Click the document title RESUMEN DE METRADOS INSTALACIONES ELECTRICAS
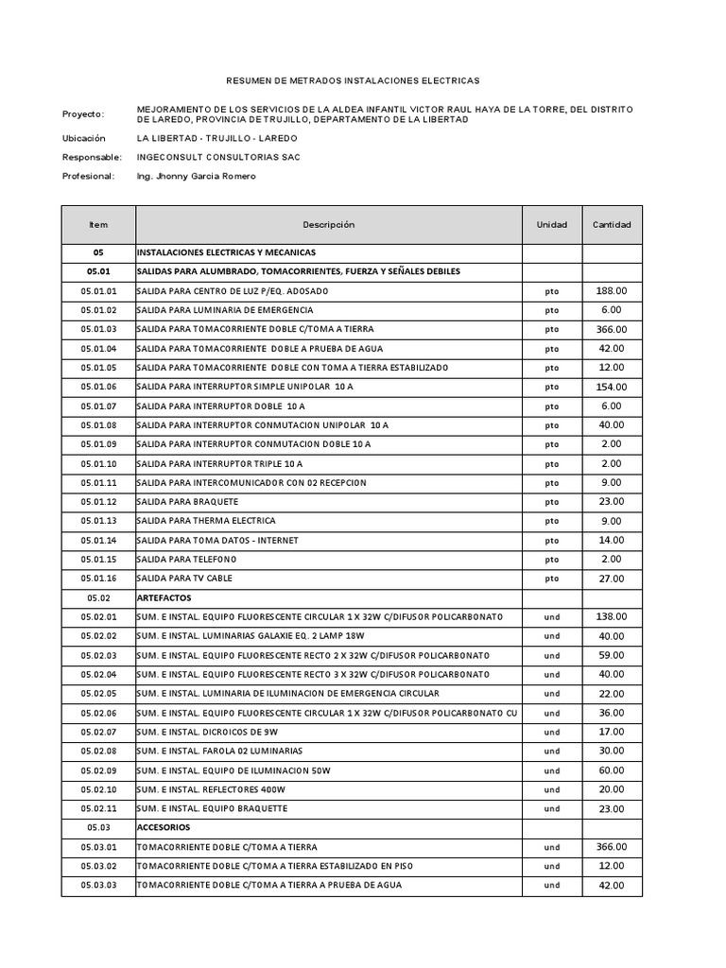[x=363, y=82]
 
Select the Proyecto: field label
[x=83, y=114]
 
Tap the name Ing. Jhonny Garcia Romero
[x=196, y=176]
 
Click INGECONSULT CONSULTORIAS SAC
[x=218, y=157]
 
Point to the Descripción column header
[x=328, y=225]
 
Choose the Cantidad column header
[x=612, y=225]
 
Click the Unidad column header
[x=552, y=225]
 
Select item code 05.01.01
[x=98, y=291]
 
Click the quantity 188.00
[x=611, y=291]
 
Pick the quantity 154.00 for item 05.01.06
[x=611, y=387]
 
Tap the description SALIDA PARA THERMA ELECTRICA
[x=206, y=521]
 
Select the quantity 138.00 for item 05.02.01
[x=611, y=616]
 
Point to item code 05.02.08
[x=98, y=751]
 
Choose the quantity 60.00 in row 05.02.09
[x=611, y=769]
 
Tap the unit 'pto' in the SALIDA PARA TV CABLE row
[x=552, y=579]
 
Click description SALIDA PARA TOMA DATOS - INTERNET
[x=217, y=540]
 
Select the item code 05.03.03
[x=98, y=885]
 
